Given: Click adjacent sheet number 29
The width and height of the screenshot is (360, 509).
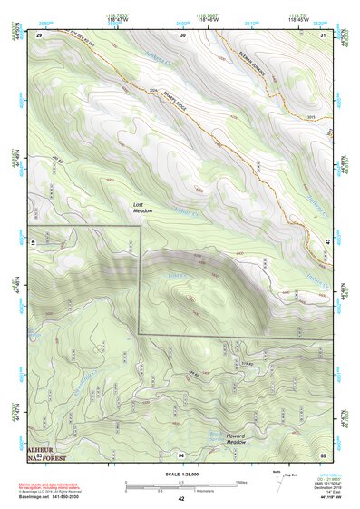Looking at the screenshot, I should coord(39,34).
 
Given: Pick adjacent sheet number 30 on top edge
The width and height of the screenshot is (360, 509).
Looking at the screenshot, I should coord(183,34).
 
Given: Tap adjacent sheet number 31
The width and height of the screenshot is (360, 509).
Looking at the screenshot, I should coord(324,34).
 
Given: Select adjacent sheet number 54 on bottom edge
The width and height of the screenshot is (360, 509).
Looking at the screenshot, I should coord(181,454).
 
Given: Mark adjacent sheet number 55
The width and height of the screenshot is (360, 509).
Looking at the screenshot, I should coord(324,454).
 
